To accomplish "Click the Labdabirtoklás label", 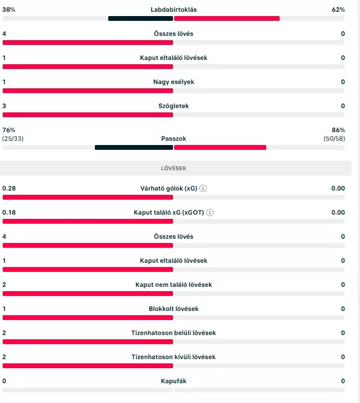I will click(x=173, y=10).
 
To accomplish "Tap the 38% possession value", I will click(x=9, y=10).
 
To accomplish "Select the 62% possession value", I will click(x=338, y=10).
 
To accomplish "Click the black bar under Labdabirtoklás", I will click(x=140, y=18).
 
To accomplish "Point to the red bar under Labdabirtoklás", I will click(x=227, y=18).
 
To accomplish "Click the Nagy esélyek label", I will click(x=173, y=82).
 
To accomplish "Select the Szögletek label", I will click(x=173, y=106).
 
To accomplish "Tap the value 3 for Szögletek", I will click(x=4, y=106).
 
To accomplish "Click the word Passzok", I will click(x=173, y=139).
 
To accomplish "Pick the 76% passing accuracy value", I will click(x=9, y=130).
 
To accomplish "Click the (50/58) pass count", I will click(x=334, y=139).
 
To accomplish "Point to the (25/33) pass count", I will click(x=13, y=139).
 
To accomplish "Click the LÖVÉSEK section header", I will click(x=173, y=168).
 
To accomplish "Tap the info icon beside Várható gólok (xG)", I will click(x=203, y=188).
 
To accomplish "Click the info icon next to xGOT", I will click(x=210, y=212).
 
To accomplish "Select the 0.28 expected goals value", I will click(x=9, y=188).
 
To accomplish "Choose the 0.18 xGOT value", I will click(x=9, y=212).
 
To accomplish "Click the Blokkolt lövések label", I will click(x=173, y=309).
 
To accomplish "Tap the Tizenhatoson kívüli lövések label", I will click(x=173, y=357).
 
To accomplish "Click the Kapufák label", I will click(x=173, y=381).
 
